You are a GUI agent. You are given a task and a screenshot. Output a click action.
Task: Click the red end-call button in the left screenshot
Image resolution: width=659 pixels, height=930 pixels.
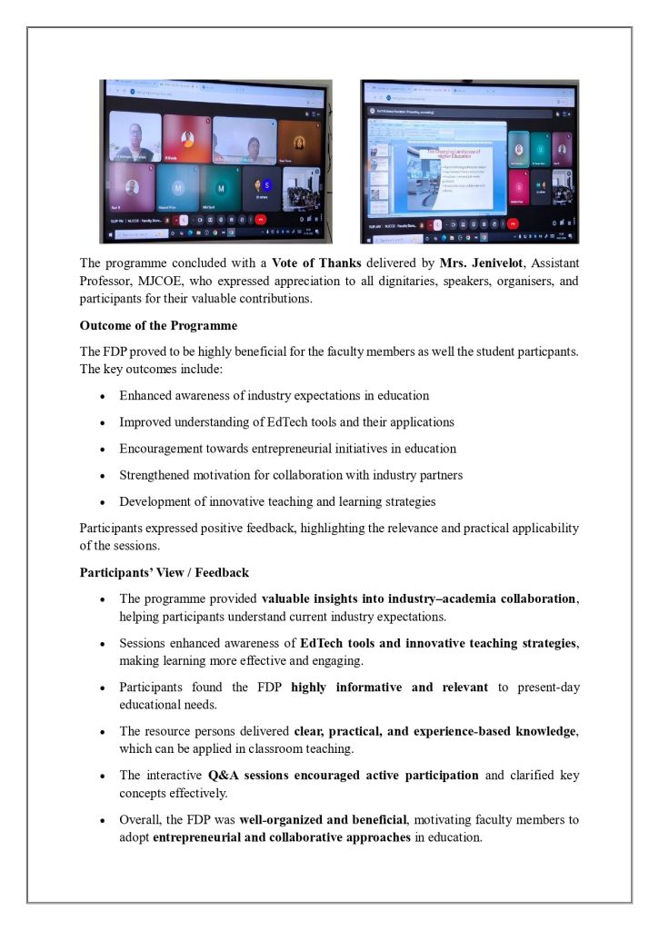tap(261, 219)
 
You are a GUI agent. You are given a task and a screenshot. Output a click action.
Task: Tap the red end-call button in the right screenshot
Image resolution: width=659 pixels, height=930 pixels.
tap(514, 223)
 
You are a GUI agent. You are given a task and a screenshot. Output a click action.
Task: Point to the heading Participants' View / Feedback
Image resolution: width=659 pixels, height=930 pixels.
tap(165, 573)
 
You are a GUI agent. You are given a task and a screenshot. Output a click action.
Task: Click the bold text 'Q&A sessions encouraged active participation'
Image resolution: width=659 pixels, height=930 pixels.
tap(344, 775)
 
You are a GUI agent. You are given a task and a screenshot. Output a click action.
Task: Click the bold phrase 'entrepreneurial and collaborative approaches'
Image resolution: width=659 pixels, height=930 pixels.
tap(282, 836)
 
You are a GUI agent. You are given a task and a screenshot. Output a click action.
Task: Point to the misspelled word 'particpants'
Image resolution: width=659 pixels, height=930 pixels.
tap(547, 351)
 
